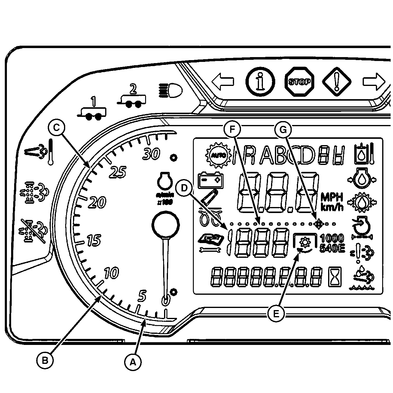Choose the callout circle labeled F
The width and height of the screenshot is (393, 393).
[232, 129]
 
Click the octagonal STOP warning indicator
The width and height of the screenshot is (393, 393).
[299, 81]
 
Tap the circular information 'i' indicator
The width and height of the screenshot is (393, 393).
[260, 81]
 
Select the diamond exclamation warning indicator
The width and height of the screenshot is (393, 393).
[337, 81]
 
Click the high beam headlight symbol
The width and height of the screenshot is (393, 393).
[170, 90]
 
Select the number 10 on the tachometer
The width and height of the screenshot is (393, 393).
[111, 273]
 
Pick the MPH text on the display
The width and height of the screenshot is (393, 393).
[332, 197]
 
